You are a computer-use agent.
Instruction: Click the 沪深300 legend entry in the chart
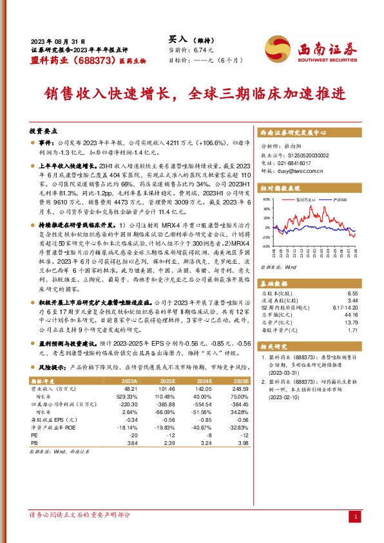point(337,201)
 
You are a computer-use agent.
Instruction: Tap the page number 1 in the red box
point(356,517)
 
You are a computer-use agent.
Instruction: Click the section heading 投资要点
point(44,130)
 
